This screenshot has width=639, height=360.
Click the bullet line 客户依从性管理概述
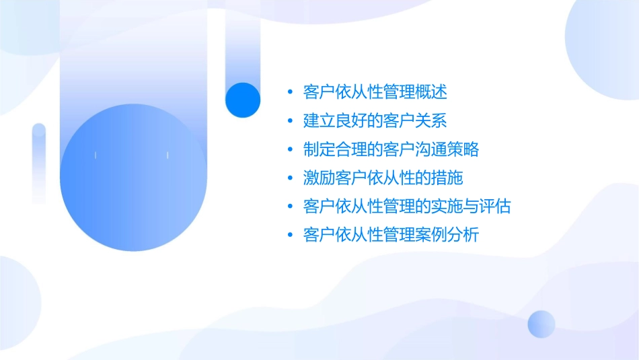pyautogui.click(x=375, y=92)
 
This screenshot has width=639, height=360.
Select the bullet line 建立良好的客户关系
pyautogui.click(x=375, y=121)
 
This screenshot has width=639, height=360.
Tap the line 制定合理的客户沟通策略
pyautogui.click(x=391, y=149)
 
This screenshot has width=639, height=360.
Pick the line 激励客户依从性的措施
pyautogui.click(x=383, y=178)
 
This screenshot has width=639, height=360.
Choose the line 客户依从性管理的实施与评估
pyautogui.click(x=408, y=207)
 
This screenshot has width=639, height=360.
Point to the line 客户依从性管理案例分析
pyautogui.click(x=391, y=236)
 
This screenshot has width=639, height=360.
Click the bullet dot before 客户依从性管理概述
pyautogui.click(x=289, y=92)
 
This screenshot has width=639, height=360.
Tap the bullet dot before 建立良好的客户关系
pyautogui.click(x=289, y=121)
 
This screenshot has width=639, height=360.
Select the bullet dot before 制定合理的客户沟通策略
pyautogui.click(x=289, y=149)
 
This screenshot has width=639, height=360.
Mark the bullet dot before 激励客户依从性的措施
pyautogui.click(x=289, y=178)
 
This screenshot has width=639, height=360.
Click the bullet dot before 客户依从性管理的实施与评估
pyautogui.click(x=289, y=207)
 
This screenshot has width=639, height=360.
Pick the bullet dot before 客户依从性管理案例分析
pyautogui.click(x=289, y=236)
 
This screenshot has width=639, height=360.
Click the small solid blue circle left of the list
pyautogui.click(x=243, y=100)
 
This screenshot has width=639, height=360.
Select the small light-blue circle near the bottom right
pyautogui.click(x=541, y=324)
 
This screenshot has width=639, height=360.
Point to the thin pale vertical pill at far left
pyautogui.click(x=39, y=161)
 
